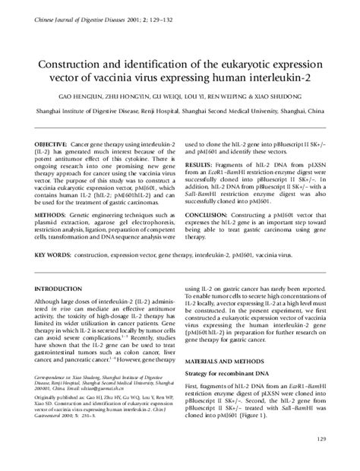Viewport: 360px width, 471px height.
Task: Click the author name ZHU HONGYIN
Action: (x=127, y=98)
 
